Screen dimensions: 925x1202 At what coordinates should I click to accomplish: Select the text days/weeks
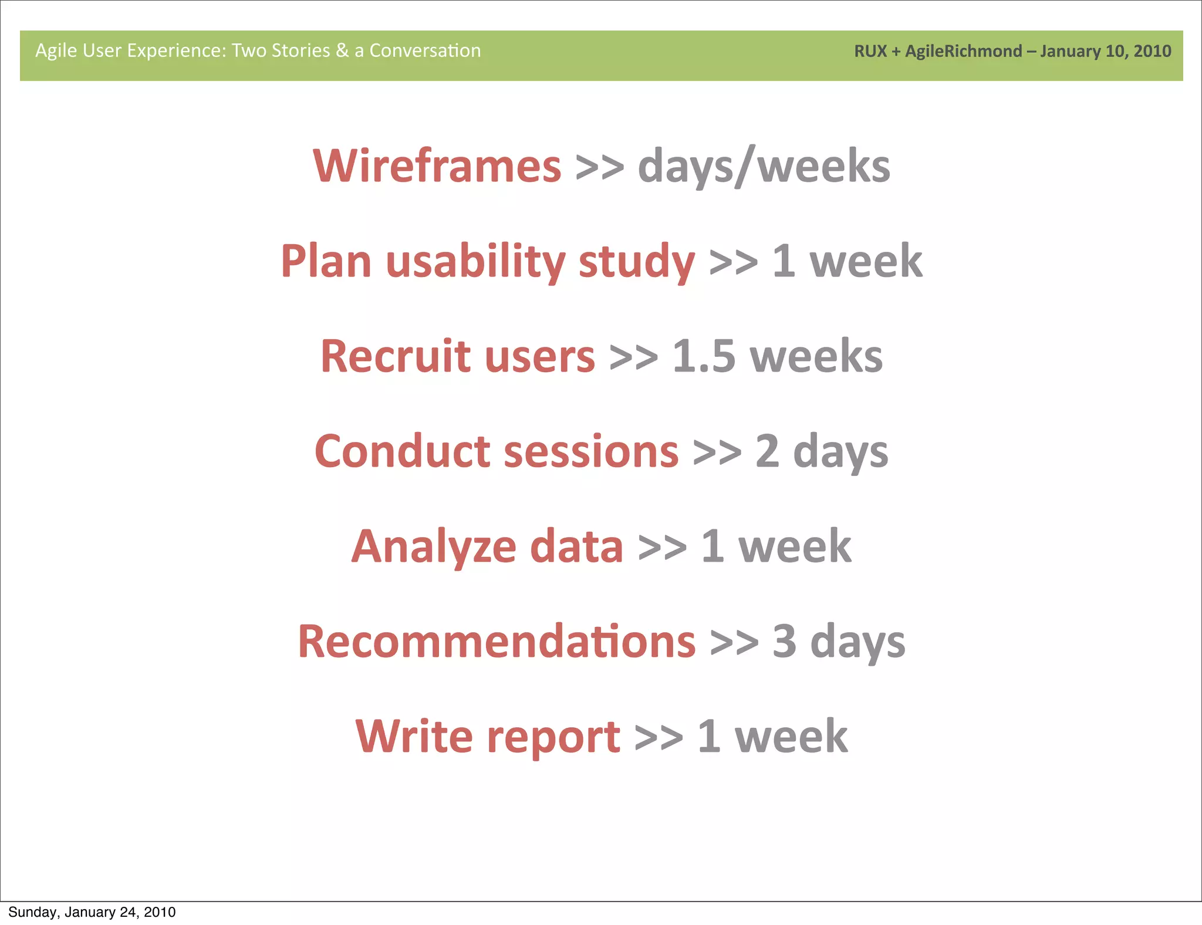point(764,167)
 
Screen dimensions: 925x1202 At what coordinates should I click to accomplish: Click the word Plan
point(326,261)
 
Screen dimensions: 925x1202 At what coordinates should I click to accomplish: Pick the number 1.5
point(703,356)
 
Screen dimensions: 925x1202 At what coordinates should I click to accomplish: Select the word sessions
point(591,453)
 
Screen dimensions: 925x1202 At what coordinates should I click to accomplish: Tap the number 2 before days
point(767,451)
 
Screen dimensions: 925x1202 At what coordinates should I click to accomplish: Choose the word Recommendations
point(497,642)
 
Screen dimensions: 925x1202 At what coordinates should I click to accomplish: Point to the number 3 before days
point(784,642)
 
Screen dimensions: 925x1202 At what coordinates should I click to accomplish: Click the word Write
point(414,737)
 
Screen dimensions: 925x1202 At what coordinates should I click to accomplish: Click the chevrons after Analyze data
point(662,548)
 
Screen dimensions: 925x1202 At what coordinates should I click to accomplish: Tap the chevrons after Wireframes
point(599,167)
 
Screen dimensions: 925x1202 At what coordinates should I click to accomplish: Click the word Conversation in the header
point(425,50)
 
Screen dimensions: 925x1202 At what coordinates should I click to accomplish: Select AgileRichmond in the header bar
point(963,52)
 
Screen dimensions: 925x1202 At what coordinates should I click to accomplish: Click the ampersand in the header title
point(342,50)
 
